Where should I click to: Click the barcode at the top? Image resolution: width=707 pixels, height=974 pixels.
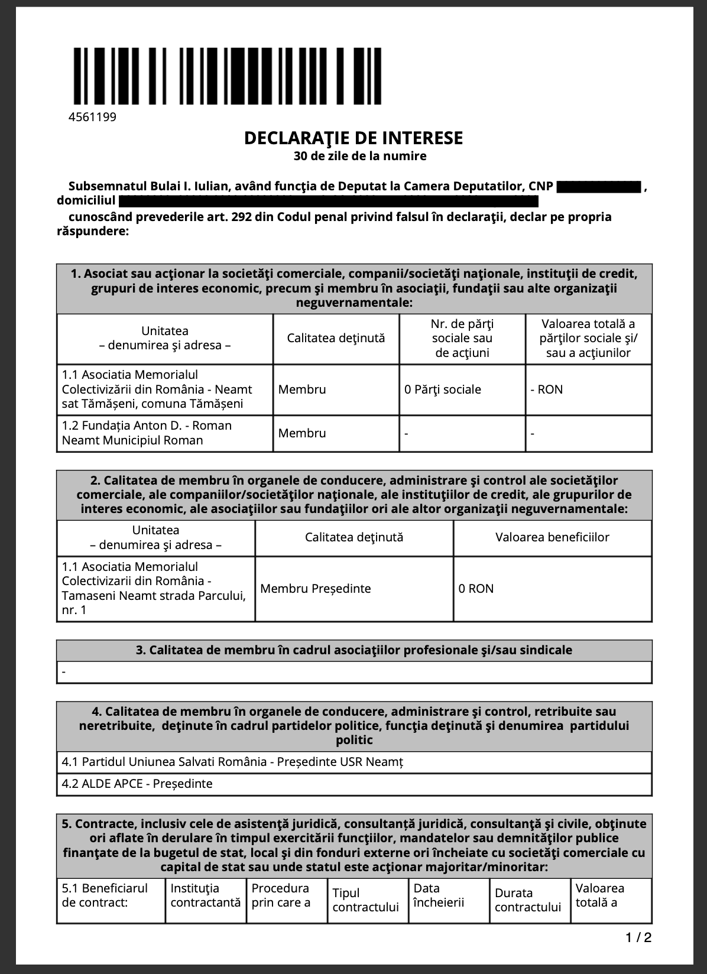click(227, 76)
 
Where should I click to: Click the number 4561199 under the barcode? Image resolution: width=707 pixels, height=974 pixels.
click(93, 117)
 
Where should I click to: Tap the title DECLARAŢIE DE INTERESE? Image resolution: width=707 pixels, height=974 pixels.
click(353, 138)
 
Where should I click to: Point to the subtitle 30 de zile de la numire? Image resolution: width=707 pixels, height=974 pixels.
click(359, 157)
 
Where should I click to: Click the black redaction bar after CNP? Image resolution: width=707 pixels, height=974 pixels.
click(599, 187)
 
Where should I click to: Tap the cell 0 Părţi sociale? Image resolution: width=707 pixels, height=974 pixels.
click(443, 389)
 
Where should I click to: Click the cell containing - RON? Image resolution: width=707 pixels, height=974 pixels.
click(547, 389)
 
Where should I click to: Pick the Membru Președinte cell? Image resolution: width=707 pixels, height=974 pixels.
click(316, 589)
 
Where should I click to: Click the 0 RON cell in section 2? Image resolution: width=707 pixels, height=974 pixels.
click(476, 589)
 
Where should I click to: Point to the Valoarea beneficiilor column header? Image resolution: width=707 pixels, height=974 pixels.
click(552, 537)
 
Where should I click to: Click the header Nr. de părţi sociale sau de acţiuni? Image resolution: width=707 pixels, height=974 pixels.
click(462, 339)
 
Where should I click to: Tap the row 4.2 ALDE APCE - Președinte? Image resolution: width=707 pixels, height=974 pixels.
click(137, 784)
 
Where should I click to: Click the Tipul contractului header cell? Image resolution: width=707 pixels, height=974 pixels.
click(366, 900)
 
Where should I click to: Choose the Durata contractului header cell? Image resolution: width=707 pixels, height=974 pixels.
click(528, 900)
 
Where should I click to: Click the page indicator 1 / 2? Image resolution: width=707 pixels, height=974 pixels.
click(639, 937)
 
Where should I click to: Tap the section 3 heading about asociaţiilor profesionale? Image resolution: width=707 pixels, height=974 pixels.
click(353, 650)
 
